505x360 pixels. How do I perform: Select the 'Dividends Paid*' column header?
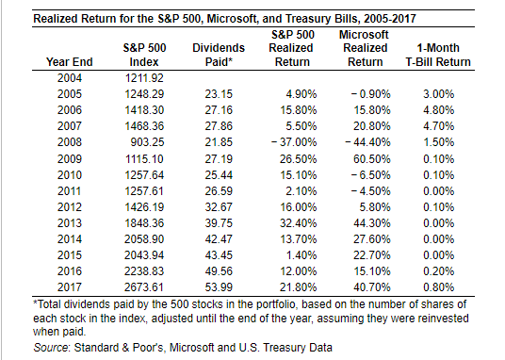[219, 54]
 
